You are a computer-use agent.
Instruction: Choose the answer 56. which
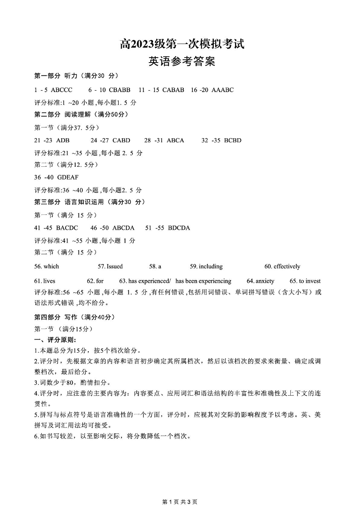coord(47,266)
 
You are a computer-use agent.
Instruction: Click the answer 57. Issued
coord(110,266)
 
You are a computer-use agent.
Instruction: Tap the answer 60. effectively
coord(282,266)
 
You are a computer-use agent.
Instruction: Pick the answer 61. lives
coord(45,281)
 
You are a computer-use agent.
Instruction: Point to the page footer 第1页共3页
coord(180,501)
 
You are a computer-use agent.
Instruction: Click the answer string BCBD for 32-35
coord(233,140)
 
